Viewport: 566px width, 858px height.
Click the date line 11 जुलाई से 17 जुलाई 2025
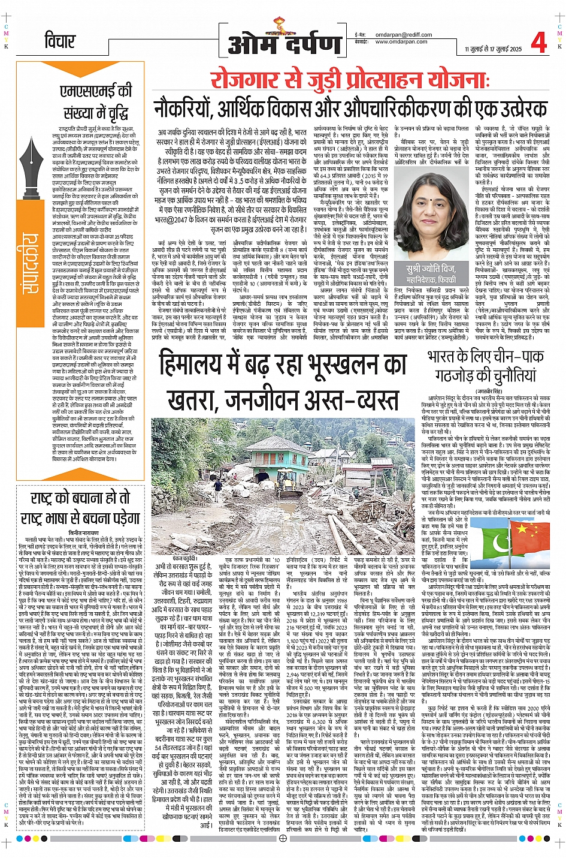(493, 49)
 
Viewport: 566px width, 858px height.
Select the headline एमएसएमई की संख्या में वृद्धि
(95, 100)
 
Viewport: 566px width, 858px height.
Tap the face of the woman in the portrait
(430, 213)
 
